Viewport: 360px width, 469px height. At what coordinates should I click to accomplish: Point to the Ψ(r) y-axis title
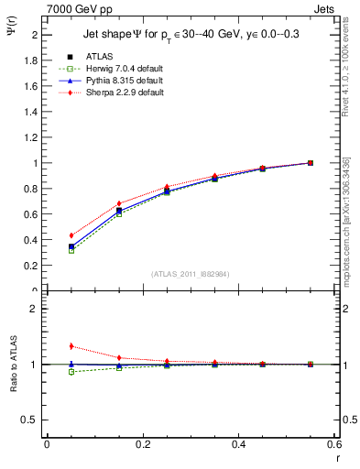pos(11,33)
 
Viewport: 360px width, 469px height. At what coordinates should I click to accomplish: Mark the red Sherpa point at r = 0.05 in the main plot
pos(71,235)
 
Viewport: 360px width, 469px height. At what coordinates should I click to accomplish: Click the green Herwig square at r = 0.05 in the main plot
pos(71,250)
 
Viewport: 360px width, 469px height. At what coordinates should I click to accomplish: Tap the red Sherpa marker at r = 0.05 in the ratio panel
pos(71,346)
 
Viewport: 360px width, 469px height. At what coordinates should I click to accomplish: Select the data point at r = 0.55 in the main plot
pos(311,163)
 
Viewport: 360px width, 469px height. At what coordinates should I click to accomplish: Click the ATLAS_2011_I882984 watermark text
pos(191,274)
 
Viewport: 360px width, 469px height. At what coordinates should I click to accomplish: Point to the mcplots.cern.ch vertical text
pos(346,224)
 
